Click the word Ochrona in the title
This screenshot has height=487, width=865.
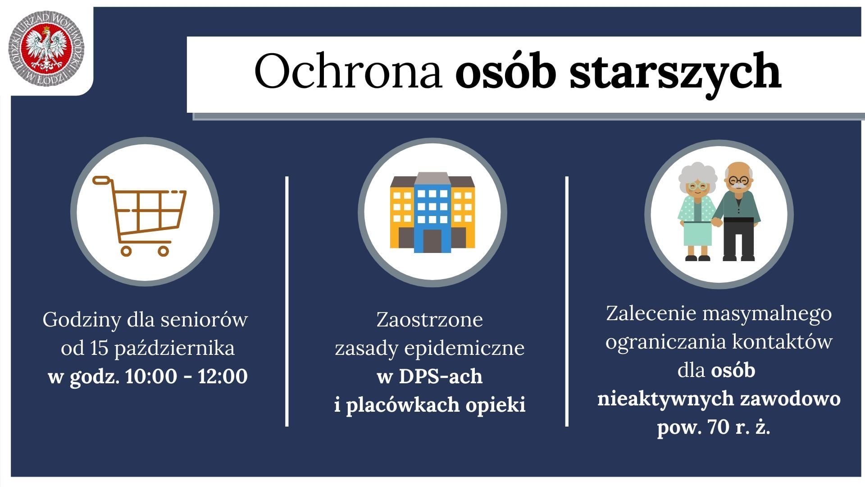[x=348, y=71]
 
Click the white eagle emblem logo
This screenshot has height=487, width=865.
[x=47, y=49]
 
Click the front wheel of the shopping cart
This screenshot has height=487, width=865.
[x=164, y=250]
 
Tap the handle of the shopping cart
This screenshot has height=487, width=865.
[x=102, y=180]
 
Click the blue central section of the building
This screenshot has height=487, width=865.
[x=432, y=212]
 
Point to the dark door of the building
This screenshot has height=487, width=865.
[x=432, y=241]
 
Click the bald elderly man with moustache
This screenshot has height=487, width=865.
[x=738, y=211]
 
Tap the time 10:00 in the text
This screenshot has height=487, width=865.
[x=151, y=376]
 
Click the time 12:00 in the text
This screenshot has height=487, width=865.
[x=223, y=376]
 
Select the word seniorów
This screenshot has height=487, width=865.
[x=204, y=320]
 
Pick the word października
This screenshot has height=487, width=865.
[x=174, y=349]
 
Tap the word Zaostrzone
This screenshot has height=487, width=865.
[x=430, y=320]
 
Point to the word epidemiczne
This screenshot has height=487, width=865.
[x=464, y=349]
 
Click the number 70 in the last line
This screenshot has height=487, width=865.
[x=719, y=427]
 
